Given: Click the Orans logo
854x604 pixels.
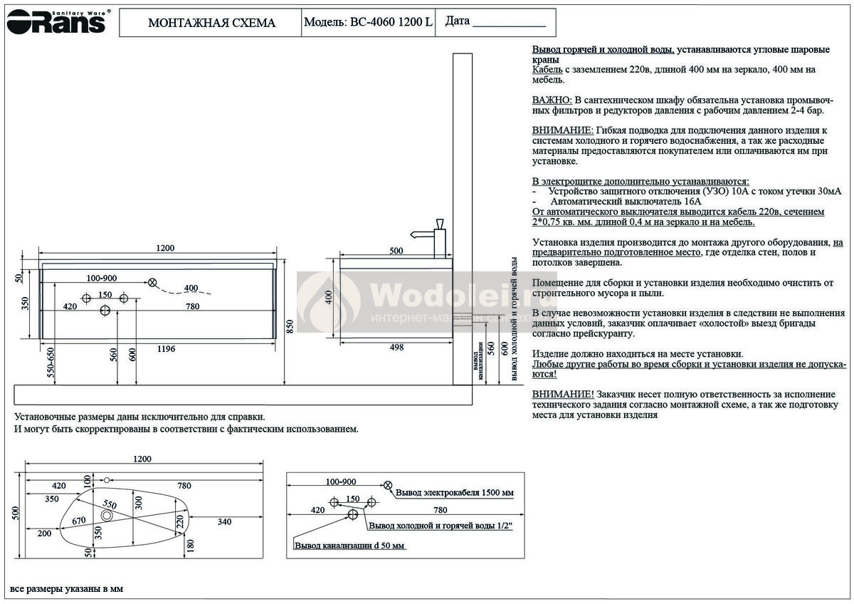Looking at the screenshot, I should tap(56, 22).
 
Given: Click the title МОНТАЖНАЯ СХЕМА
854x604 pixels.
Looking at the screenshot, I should tap(211, 23).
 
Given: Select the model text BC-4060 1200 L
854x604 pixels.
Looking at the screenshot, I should tap(390, 22).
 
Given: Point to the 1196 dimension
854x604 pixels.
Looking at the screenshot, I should tap(165, 348).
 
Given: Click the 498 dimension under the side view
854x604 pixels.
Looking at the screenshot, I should tap(397, 348).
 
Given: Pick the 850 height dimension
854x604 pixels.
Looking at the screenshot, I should tap(288, 326).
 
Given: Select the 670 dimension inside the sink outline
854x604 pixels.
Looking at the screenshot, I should tap(79, 521).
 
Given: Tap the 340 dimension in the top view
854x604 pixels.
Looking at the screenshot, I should tap(224, 522).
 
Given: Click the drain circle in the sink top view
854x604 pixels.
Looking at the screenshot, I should tap(107, 516).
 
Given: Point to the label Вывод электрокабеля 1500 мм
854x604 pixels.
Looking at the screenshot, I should tap(455, 492).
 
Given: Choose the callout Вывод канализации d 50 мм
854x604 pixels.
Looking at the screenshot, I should tap(349, 546).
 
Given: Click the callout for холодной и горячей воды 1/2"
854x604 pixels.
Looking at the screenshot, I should tap(441, 526).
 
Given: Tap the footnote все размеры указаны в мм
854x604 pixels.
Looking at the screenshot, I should tap(67, 590).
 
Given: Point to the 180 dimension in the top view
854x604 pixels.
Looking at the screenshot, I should tap(189, 546).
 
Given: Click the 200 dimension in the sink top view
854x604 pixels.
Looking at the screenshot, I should tap(44, 533).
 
